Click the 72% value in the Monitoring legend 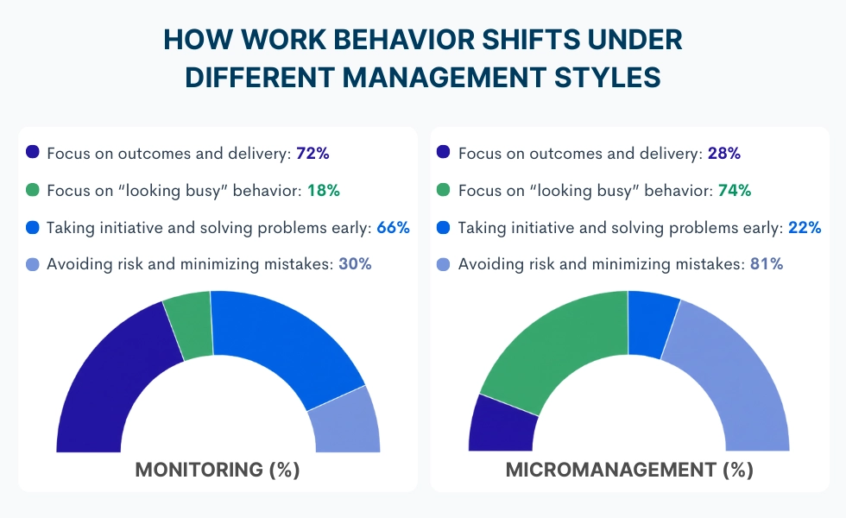(x=313, y=153)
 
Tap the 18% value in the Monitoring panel (x=323, y=190)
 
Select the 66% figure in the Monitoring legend (x=392, y=227)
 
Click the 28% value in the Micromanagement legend (x=723, y=153)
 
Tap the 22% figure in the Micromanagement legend (x=804, y=227)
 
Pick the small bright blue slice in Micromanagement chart (x=652, y=325)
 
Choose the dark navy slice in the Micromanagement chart (x=501, y=425)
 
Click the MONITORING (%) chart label (x=218, y=471)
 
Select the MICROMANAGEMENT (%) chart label (x=629, y=471)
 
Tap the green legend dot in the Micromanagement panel (x=444, y=190)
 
